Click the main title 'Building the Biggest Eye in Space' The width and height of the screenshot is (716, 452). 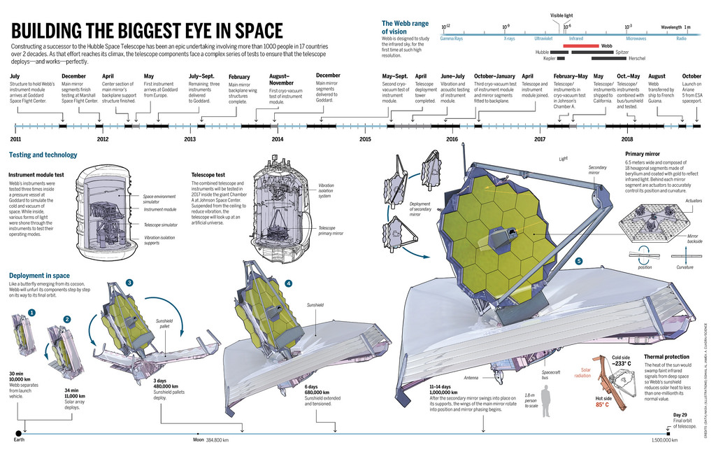point(147,31)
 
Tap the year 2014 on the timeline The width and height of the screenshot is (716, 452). point(278,139)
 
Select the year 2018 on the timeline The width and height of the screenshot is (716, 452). point(627,139)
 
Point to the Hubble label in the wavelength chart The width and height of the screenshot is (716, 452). point(542,52)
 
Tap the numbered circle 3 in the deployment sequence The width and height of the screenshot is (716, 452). point(129,282)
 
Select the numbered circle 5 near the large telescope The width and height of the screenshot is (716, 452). point(578,261)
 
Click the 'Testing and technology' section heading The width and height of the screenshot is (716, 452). point(43,155)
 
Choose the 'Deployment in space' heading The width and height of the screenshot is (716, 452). point(39,275)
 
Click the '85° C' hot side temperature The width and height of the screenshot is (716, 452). point(602,404)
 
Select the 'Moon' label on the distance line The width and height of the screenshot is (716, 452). point(199,440)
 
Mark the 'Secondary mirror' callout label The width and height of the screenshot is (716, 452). point(598,169)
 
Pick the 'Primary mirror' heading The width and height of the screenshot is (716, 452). point(643,154)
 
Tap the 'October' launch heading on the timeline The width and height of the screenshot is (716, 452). point(692,76)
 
